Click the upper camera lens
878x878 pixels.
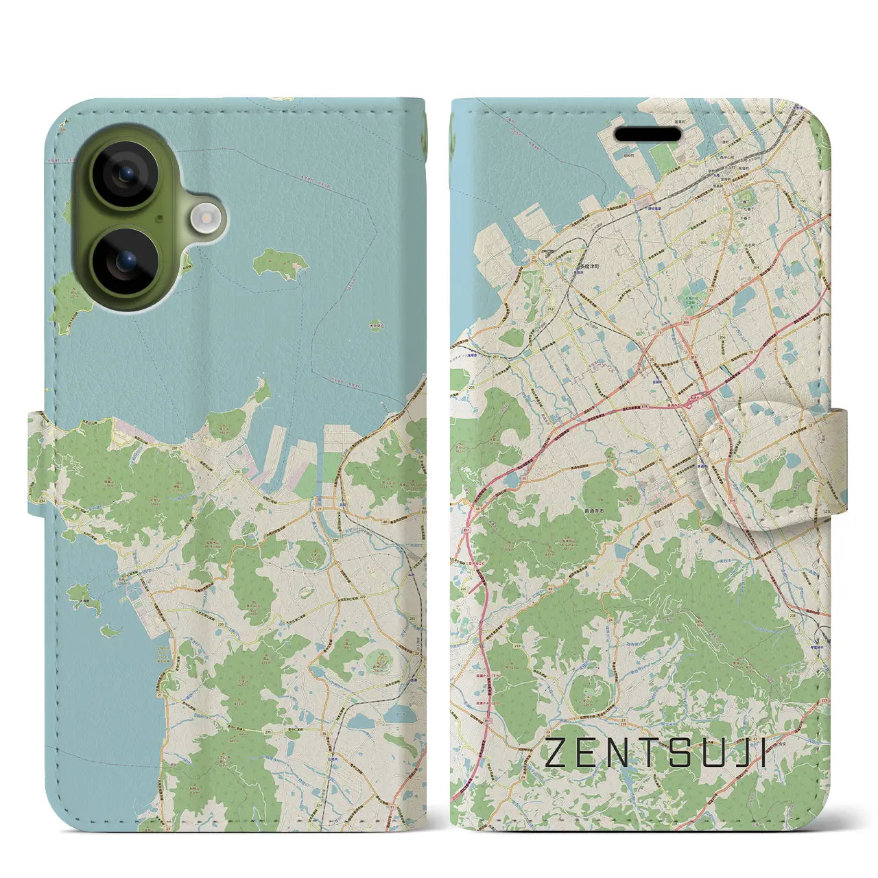coord(126,174)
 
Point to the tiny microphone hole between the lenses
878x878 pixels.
coord(159,218)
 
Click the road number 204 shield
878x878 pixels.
coord(755,268)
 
